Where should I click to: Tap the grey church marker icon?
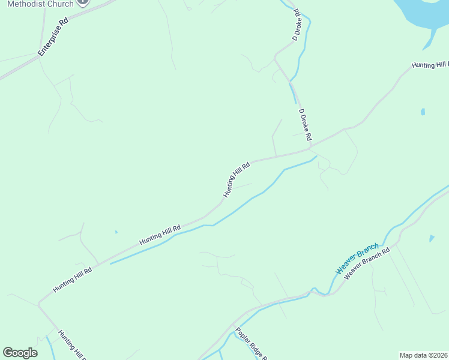pos(83,2)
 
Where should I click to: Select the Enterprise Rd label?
pos(53,37)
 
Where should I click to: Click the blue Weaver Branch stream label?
pos(357,259)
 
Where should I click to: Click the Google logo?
pos(20,353)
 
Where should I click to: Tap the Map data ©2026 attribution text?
pos(423,355)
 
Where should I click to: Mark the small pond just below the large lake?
pos(423,112)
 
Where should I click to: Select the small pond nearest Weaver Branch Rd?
pos(432,239)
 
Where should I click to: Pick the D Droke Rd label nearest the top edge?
pos(296,25)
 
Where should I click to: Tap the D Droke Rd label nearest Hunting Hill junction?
pos(305,124)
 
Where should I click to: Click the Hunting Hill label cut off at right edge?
pos(430,65)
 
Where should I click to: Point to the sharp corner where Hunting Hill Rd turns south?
pos(39,304)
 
